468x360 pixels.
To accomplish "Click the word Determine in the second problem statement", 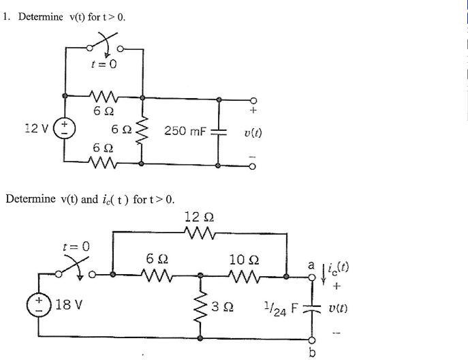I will (x=31, y=200).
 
